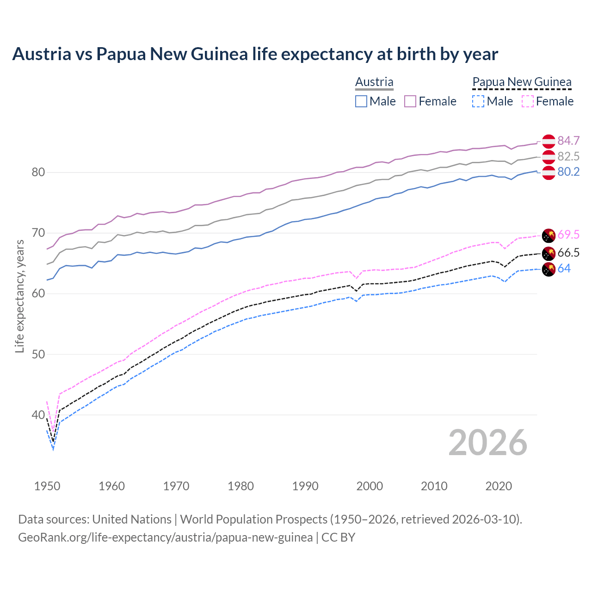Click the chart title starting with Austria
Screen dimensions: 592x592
click(x=255, y=54)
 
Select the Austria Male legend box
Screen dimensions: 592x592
click(x=361, y=101)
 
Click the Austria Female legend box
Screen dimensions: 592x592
click(x=410, y=101)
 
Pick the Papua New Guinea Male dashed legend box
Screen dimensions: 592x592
click(x=478, y=101)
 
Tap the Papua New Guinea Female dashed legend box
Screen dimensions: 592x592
click(x=528, y=101)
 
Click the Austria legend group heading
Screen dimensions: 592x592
click(x=374, y=82)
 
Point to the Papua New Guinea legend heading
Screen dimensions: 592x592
click(x=522, y=82)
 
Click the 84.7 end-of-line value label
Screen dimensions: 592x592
click(x=568, y=141)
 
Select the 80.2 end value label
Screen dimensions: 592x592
click(x=568, y=172)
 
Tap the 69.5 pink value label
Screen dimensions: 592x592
click(x=568, y=234)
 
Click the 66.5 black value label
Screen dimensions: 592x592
click(x=568, y=253)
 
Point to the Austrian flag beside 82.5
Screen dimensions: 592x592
click(x=549, y=157)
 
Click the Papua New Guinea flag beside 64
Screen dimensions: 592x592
click(x=549, y=269)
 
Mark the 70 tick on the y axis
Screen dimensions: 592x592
click(x=38, y=233)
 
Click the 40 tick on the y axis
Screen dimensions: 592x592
click(x=38, y=415)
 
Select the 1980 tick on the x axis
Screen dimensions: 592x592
click(x=240, y=486)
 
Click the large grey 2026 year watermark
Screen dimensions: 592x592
click(x=487, y=443)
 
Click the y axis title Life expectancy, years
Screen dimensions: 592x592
click(x=19, y=296)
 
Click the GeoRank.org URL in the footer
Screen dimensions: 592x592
click(x=165, y=537)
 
